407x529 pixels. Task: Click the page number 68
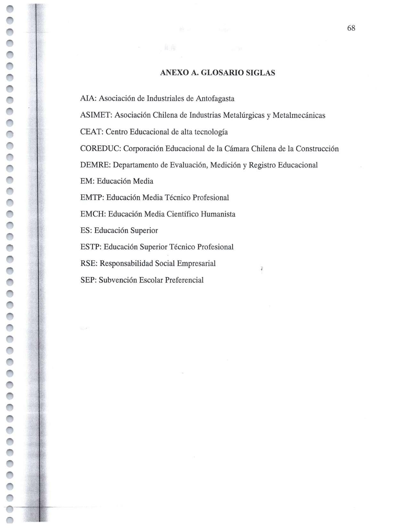pyautogui.click(x=351, y=28)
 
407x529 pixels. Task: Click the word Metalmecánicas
pyautogui.click(x=299, y=115)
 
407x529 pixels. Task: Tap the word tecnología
pyautogui.click(x=211, y=132)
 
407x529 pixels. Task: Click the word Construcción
pyautogui.click(x=317, y=149)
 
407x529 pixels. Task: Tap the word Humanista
pyautogui.click(x=218, y=214)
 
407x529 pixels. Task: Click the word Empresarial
pyautogui.click(x=196, y=264)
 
